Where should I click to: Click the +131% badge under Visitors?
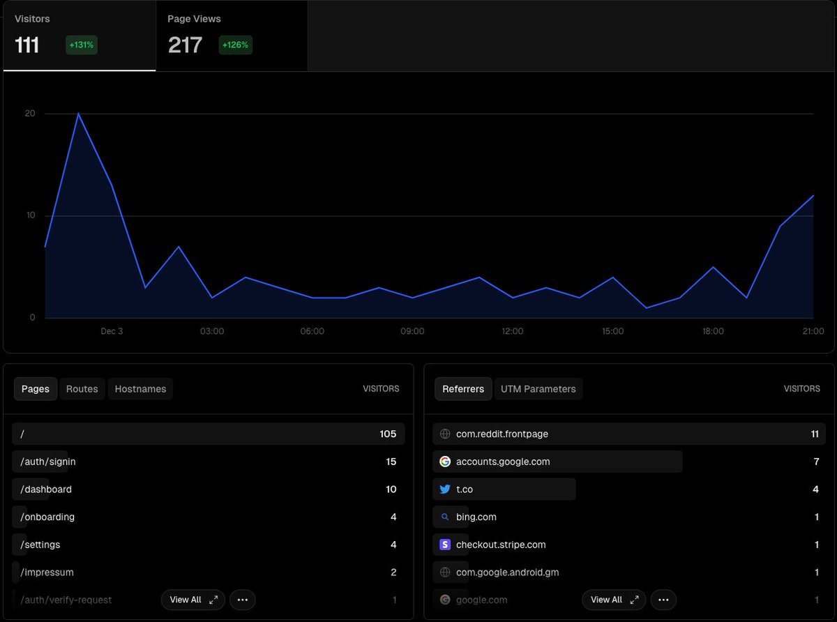click(x=82, y=45)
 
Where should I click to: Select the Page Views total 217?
click(x=185, y=45)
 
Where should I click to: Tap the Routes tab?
click(x=82, y=389)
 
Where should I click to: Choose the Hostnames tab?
click(x=140, y=389)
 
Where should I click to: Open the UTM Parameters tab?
click(x=538, y=389)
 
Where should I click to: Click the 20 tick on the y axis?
click(x=30, y=114)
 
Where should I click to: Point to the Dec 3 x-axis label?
click(x=112, y=331)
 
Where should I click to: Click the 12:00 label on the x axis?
click(x=513, y=331)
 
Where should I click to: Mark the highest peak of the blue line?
click(x=78, y=114)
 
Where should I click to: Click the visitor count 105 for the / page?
click(x=388, y=434)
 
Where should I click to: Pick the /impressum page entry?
click(x=47, y=572)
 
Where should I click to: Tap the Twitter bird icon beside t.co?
click(x=445, y=490)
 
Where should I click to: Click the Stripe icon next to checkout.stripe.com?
click(x=445, y=545)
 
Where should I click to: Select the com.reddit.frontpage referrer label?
click(x=502, y=434)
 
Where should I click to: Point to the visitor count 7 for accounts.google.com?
click(x=815, y=462)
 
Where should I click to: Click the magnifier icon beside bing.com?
click(x=445, y=517)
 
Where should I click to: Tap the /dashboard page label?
click(x=46, y=490)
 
